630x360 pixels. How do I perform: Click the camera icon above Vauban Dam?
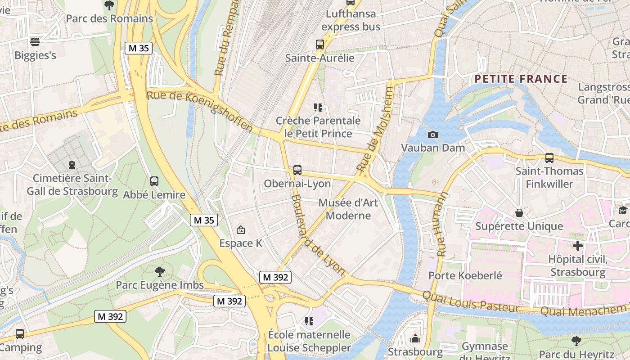433,135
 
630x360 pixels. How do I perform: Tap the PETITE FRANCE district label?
521,79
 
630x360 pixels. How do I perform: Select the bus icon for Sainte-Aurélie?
320,45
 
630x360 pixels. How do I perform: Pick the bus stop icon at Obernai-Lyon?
297,170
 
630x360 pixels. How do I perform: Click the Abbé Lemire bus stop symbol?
154,181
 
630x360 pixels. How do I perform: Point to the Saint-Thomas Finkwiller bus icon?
549,158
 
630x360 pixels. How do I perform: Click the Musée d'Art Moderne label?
348,209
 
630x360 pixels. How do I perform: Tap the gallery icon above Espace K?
241,230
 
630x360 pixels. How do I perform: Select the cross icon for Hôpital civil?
578,246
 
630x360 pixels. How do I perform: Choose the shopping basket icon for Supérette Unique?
519,213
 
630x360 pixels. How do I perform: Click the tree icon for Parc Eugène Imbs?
159,271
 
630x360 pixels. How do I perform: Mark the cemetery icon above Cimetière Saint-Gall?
72,165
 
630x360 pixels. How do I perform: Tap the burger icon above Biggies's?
35,42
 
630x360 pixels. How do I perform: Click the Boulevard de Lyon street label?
318,235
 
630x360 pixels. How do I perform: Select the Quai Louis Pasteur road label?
471,301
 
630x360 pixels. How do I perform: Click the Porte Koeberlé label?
465,275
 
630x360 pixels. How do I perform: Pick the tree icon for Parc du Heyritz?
576,341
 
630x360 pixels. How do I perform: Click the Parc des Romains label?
109,18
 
